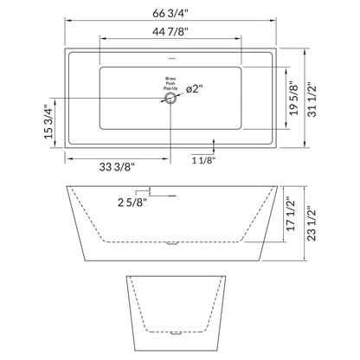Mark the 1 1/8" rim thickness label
(x=204, y=160)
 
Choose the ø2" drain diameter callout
(x=194, y=88)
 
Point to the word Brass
(x=170, y=77)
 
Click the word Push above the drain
(x=170, y=83)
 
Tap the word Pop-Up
(x=170, y=89)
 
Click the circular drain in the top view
(x=170, y=100)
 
